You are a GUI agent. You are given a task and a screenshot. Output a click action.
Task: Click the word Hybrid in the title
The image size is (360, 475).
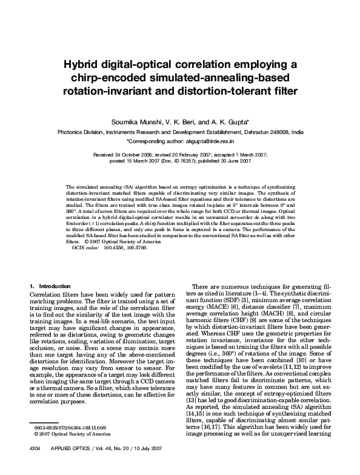(85, 66)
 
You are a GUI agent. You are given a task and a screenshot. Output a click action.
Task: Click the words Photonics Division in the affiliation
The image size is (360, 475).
(79, 131)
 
